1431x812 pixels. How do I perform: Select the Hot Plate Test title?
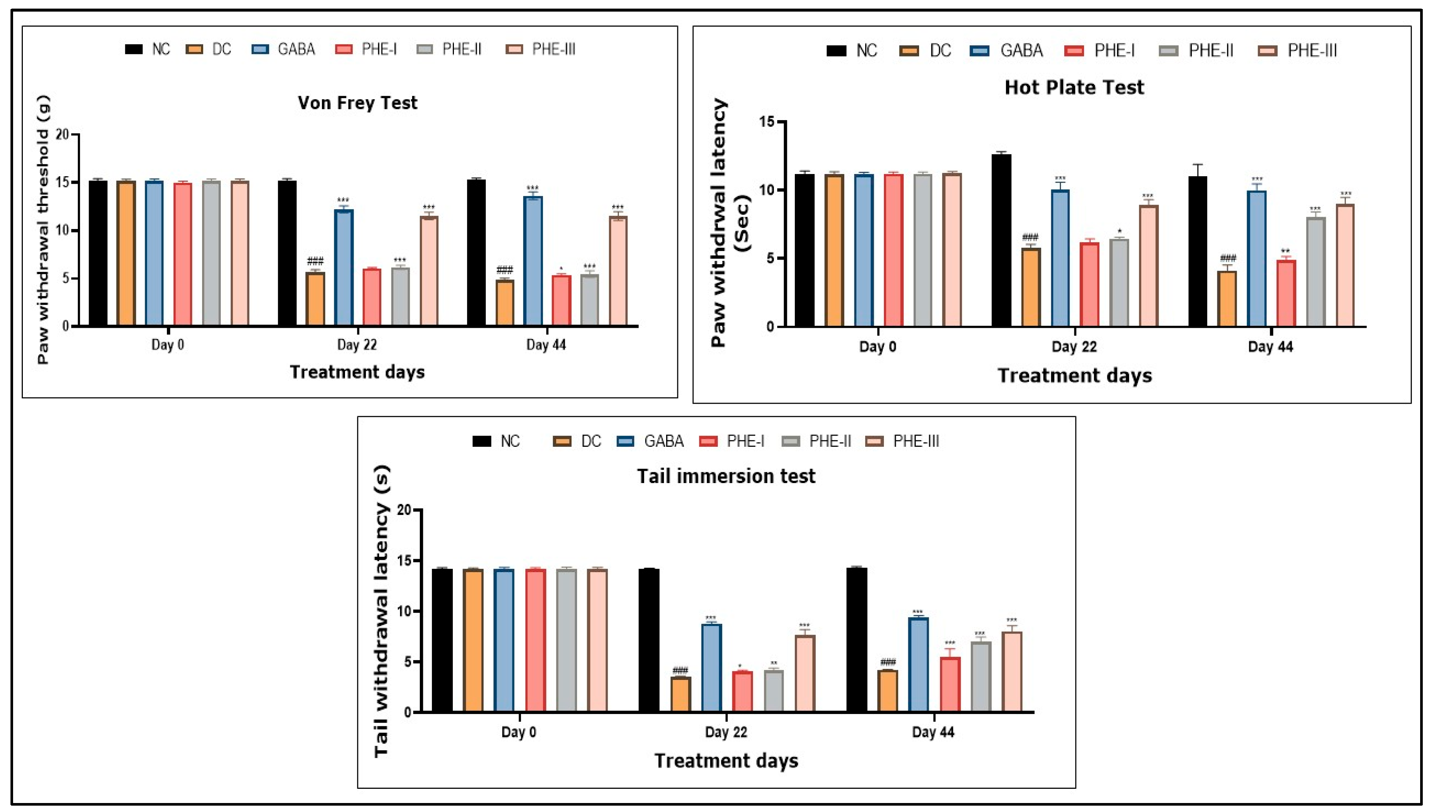click(x=1074, y=88)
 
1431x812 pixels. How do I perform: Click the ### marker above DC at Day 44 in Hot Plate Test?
click(x=1227, y=258)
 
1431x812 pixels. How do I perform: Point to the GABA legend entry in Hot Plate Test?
click(x=1010, y=51)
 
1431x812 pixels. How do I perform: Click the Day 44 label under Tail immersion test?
click(x=933, y=732)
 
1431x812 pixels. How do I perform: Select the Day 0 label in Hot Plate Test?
click(x=878, y=347)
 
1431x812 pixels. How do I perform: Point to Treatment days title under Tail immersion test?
click(x=726, y=761)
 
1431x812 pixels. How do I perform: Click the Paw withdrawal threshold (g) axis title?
click(x=43, y=230)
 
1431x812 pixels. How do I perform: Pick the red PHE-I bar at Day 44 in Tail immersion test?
click(x=950, y=685)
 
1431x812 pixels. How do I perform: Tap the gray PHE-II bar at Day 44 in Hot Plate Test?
click(x=1316, y=272)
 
